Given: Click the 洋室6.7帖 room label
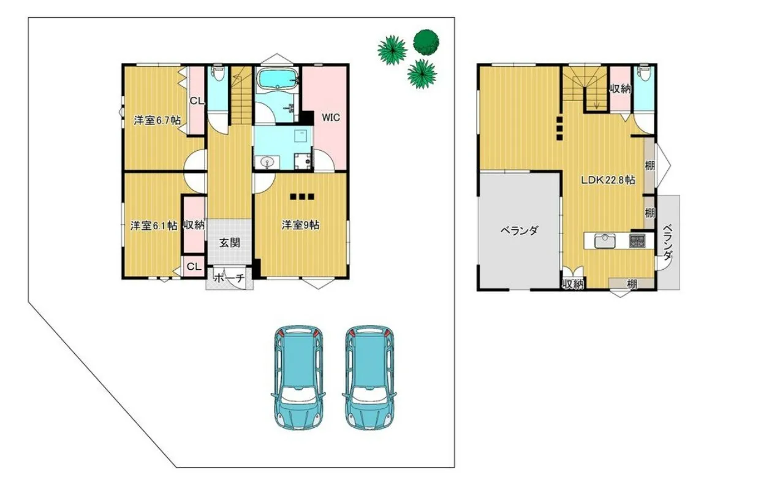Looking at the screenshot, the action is click(157, 120).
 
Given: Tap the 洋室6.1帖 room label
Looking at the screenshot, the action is click(154, 226).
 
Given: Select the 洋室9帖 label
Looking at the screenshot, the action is click(300, 225).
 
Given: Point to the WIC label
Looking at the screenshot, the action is click(331, 118).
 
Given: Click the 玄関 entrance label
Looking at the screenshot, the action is click(230, 243).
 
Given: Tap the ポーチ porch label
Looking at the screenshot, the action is click(229, 278).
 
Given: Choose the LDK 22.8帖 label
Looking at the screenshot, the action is click(608, 180).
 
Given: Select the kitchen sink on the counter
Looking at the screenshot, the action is click(605, 242).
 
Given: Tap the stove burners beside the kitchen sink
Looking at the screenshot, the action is click(637, 241).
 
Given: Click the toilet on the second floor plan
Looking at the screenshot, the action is click(644, 74).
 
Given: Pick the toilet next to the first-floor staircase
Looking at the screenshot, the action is click(218, 74).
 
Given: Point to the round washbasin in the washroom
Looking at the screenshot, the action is click(267, 162).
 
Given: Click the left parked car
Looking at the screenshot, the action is click(298, 377).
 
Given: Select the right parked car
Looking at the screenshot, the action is click(369, 377).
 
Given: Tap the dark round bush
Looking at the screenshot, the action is click(426, 42).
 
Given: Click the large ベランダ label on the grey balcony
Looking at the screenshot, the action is click(520, 231).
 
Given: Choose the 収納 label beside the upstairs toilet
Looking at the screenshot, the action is click(620, 89).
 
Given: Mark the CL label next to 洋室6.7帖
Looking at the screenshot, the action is click(197, 101).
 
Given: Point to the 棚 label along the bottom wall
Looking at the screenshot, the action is click(632, 284).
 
